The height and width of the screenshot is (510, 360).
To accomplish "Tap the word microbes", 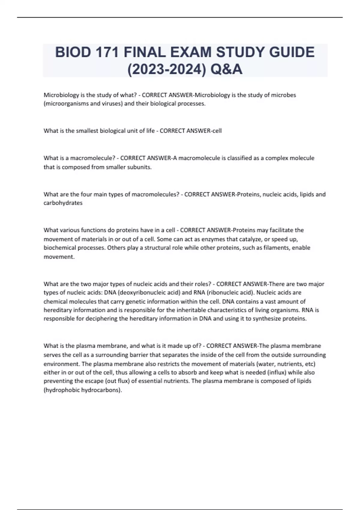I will point(283,95).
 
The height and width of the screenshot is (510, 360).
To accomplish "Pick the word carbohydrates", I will point(63,203).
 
